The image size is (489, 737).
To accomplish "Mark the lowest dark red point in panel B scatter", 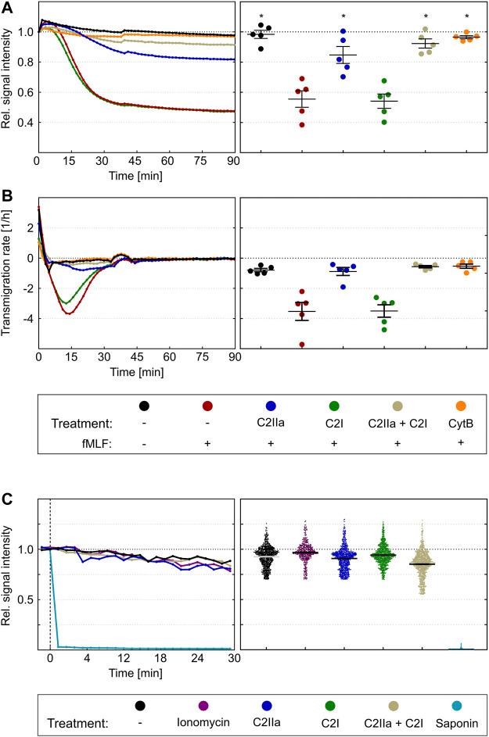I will tap(301, 344).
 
